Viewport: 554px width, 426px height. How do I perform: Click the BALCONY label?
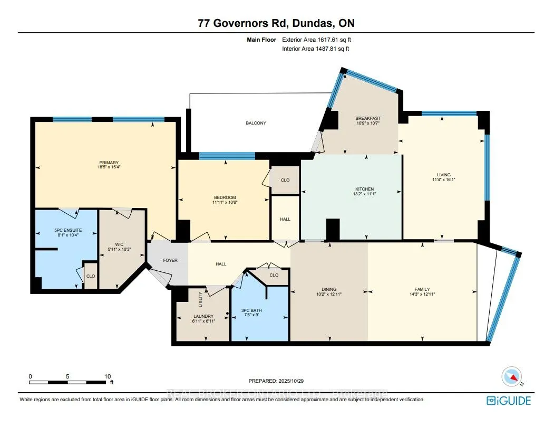pos(256,123)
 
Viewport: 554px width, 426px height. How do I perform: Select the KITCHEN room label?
pos(364,189)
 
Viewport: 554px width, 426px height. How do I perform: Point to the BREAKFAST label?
pos(367,118)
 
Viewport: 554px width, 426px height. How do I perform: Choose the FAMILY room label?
pos(422,289)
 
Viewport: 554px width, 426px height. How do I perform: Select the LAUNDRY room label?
pos(202,316)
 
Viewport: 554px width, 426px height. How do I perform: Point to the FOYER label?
pos(170,260)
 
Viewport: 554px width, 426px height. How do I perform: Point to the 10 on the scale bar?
pos(108,376)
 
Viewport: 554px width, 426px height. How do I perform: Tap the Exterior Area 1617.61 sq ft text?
pos(316,40)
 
